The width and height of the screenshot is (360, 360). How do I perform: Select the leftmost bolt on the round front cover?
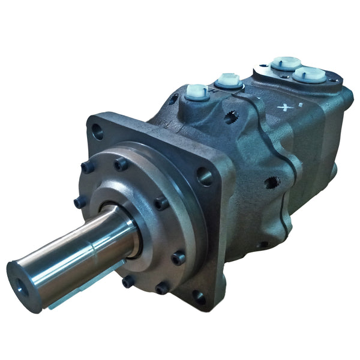pos(80,202)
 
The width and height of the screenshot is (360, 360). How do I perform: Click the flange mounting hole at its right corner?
pos(204,175)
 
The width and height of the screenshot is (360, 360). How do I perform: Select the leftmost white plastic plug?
pos(197,92)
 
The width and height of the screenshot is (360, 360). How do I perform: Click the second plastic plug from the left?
pos(228,80)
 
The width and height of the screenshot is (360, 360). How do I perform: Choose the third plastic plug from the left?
pos(286,63)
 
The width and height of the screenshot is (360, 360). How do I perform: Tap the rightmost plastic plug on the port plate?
pos(310,74)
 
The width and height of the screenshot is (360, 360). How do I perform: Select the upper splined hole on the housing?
pos(232,116)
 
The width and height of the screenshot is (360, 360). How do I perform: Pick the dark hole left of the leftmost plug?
pos(174,100)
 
